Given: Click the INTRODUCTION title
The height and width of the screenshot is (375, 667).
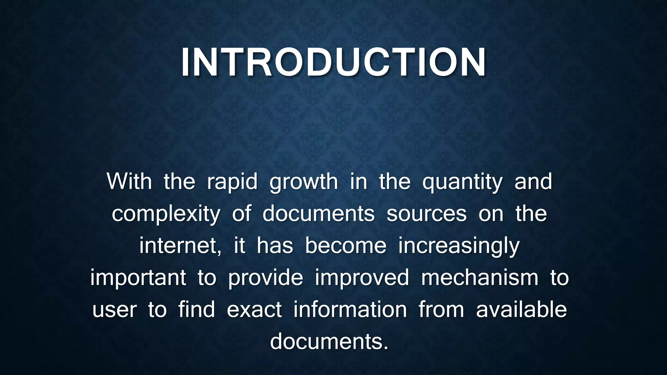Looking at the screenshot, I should (x=333, y=62).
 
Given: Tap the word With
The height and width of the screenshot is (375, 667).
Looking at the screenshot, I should (x=129, y=181).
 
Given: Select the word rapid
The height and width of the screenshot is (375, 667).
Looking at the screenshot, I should (x=232, y=182).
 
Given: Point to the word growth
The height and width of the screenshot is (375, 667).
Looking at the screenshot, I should (x=304, y=182).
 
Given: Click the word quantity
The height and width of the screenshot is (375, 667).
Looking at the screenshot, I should (x=462, y=182).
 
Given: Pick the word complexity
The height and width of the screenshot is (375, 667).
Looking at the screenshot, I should (x=166, y=214).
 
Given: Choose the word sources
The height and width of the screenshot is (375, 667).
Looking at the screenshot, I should (x=427, y=214).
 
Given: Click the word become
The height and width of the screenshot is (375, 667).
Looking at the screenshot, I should (x=346, y=246).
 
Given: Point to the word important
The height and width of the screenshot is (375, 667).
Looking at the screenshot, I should (x=138, y=278).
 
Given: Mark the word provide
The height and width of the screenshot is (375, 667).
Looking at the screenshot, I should (x=265, y=278).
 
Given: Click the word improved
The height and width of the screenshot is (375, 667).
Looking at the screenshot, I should (x=362, y=278).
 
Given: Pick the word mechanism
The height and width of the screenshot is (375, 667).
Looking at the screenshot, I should (x=480, y=278).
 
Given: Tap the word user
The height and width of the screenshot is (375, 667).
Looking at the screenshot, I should (x=114, y=310).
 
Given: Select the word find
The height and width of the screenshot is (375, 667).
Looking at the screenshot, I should (x=197, y=309).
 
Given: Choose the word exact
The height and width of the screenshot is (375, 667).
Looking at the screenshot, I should (x=254, y=310).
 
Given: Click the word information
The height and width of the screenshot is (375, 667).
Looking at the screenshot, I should (x=350, y=310).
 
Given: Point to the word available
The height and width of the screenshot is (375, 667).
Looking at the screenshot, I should (x=521, y=310).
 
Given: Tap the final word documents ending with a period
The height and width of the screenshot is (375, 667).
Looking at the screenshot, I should (x=329, y=341).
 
